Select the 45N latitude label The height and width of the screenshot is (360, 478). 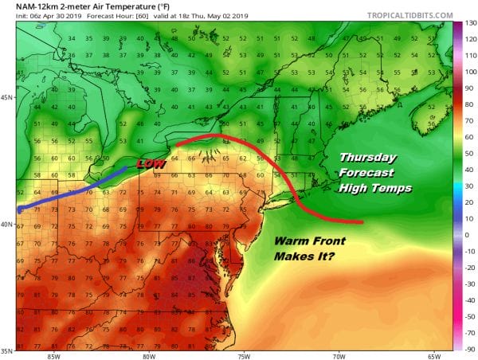(6, 98)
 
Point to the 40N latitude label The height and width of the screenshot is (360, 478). (6, 224)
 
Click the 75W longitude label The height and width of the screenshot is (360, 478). (243, 355)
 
